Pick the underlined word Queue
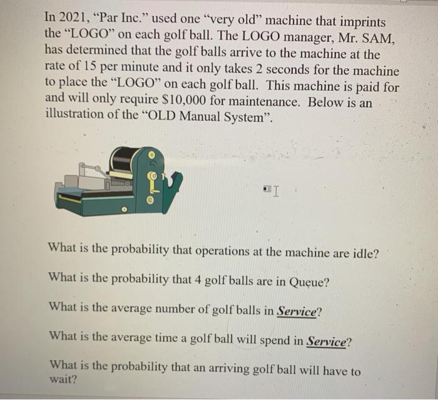[308, 281]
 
